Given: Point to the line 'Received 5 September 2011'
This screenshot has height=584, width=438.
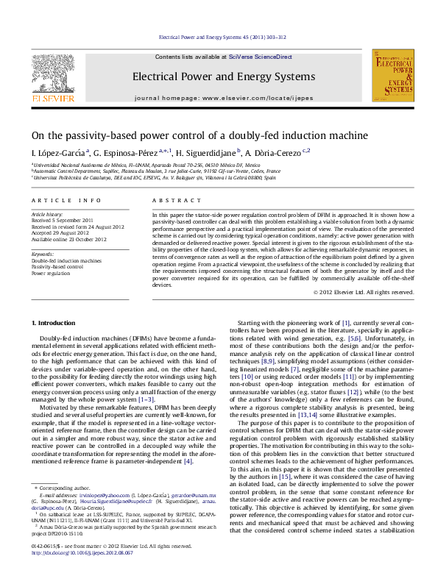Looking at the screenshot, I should (63, 220).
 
